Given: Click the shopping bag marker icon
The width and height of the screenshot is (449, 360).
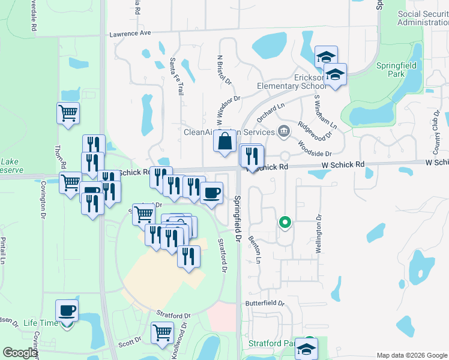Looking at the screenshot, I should click(224, 142).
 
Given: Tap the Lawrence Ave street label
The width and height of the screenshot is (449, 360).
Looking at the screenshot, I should click(129, 34).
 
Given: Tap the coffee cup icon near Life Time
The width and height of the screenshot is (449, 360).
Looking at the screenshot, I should click(67, 310).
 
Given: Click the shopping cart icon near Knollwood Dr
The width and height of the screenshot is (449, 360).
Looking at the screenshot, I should click(162, 332).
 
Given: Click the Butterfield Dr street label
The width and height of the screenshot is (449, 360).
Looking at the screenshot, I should click(265, 303).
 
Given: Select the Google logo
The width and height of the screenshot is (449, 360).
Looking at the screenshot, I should click(19, 353).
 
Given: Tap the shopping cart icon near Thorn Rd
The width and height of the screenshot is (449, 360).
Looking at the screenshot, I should click(68, 112).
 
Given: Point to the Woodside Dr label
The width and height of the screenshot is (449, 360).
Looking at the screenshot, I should click(315, 146).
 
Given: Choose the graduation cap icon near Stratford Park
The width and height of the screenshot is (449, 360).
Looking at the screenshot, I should click(306, 349).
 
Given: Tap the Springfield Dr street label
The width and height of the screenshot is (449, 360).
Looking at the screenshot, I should click(238, 218).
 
